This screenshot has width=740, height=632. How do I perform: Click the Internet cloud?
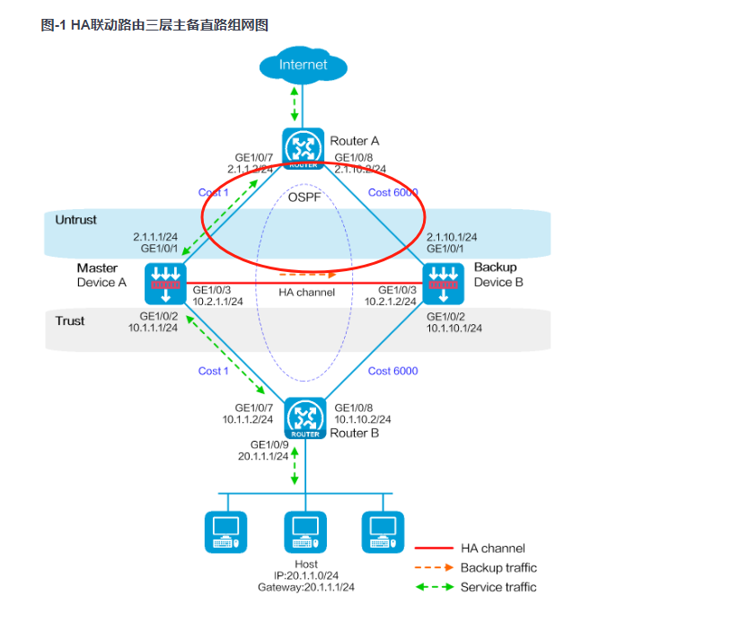click(304, 65)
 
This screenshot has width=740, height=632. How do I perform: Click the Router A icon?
click(304, 147)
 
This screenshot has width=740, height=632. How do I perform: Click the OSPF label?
click(305, 197)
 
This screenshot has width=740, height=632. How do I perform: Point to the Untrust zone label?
click(75, 220)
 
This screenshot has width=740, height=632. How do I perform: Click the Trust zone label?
click(70, 320)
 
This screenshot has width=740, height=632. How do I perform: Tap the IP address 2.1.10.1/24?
click(452, 237)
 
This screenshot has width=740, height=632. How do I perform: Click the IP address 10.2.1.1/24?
click(218, 302)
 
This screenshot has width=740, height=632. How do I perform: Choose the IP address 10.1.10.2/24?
click(363, 419)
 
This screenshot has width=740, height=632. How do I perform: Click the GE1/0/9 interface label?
click(269, 444)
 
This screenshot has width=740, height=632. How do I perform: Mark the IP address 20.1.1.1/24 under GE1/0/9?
click(263, 456)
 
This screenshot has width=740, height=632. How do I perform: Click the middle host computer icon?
click(304, 531)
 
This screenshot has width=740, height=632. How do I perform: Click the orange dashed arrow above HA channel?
click(308, 273)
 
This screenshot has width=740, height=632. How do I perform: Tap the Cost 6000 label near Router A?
click(392, 193)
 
